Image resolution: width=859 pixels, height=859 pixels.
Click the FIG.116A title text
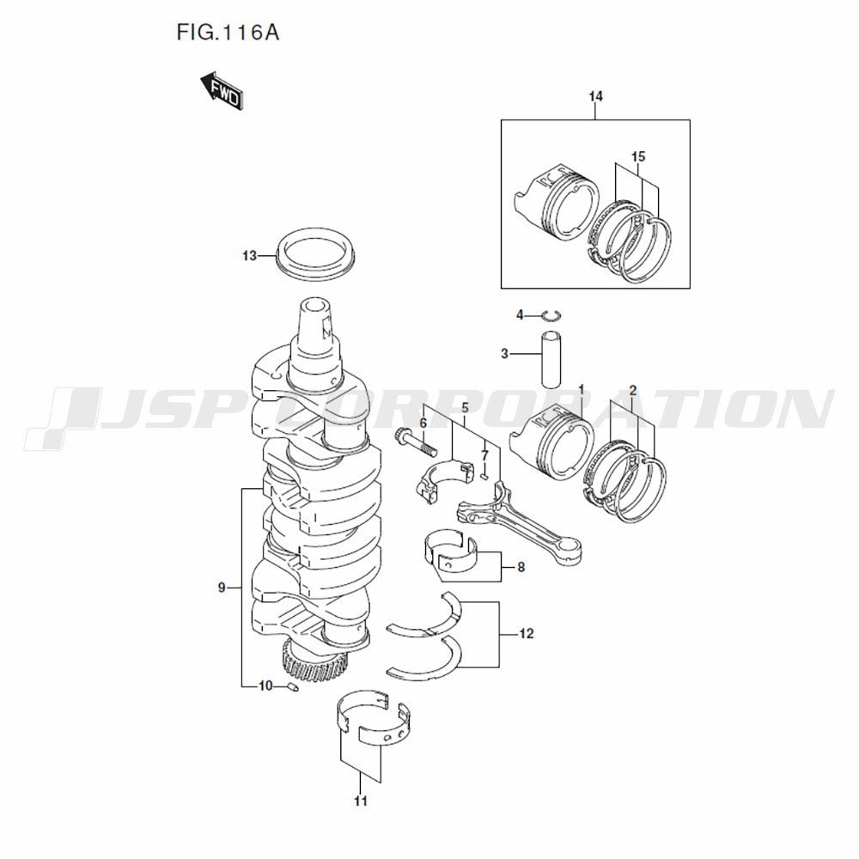pyautogui.click(x=228, y=34)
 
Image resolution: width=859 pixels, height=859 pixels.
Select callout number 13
pyautogui.click(x=249, y=256)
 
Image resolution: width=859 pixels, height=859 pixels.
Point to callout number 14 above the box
pyautogui.click(x=596, y=96)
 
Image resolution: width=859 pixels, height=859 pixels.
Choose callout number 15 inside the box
pyautogui.click(x=637, y=156)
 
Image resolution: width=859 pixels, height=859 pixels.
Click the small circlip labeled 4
pyautogui.click(x=551, y=316)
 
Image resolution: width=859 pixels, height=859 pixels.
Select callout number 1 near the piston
pyautogui.click(x=581, y=390)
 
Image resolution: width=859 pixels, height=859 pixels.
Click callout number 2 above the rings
pyautogui.click(x=633, y=390)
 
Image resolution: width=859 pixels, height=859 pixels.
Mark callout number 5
pyautogui.click(x=465, y=406)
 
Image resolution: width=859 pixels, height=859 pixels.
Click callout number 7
pyautogui.click(x=484, y=454)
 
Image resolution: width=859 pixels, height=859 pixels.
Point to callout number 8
pyautogui.click(x=521, y=566)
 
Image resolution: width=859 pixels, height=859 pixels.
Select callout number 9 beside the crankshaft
pyautogui.click(x=222, y=588)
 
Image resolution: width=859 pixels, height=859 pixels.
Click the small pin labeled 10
pyautogui.click(x=292, y=685)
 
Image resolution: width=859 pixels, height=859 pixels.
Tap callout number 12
pyautogui.click(x=527, y=634)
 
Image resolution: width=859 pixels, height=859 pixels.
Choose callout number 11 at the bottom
pyautogui.click(x=361, y=801)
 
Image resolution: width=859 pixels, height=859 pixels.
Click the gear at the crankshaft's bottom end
pyautogui.click(x=314, y=661)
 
